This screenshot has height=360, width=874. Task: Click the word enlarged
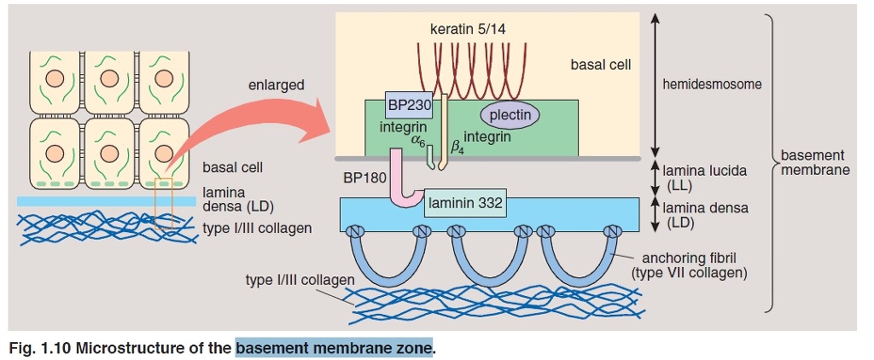pos(276,85)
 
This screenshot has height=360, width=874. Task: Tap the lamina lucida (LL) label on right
pos(704,177)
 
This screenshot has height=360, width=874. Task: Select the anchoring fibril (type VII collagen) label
pos(690,265)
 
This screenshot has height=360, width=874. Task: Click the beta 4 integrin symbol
pos(446,152)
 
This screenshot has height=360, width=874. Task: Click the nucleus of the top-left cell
pos(56,79)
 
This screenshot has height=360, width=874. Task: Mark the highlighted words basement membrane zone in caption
pos(334,349)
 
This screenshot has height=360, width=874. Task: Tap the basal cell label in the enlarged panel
pos(601,64)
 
